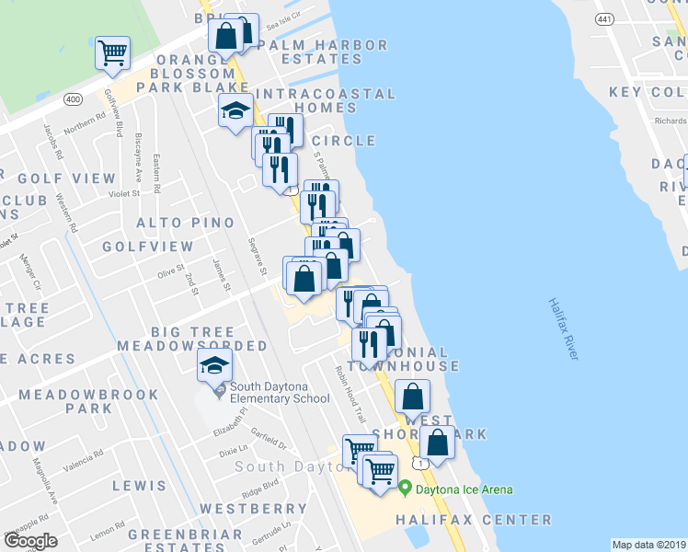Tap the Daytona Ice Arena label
[463, 489]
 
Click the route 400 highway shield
[74, 98]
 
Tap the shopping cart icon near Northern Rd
[112, 52]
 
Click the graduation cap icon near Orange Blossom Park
[235, 111]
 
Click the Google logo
[30, 541]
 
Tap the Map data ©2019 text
[648, 545]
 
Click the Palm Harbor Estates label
[322, 52]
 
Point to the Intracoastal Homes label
[326, 100]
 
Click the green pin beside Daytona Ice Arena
[404, 488]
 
